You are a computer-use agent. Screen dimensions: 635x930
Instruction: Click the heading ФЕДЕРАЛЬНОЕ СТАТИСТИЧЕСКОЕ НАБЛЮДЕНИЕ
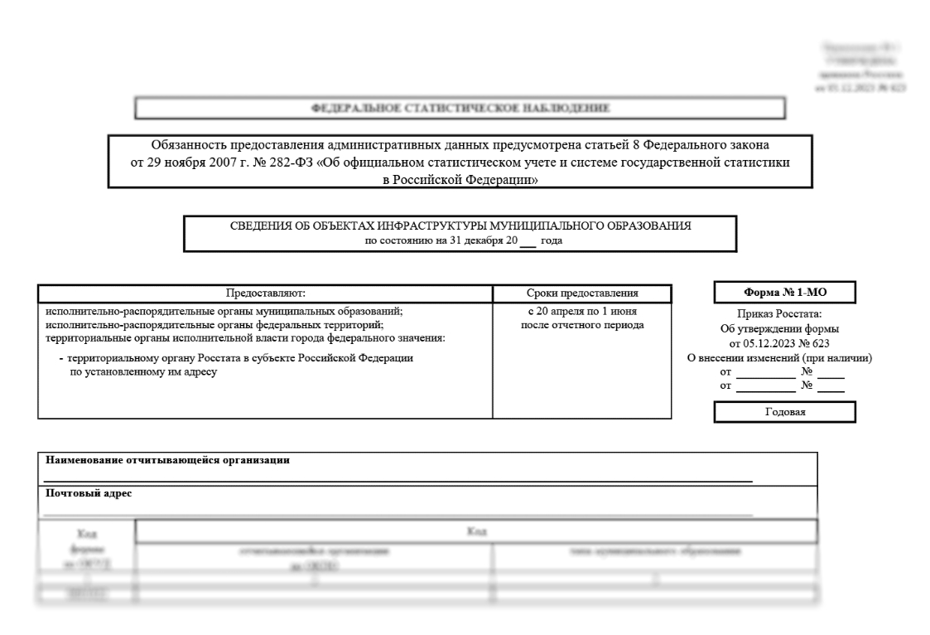pyautogui.click(x=460, y=108)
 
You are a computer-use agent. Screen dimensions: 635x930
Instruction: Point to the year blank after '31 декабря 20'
pyautogui.click(x=528, y=241)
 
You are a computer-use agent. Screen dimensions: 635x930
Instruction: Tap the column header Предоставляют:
pyautogui.click(x=266, y=293)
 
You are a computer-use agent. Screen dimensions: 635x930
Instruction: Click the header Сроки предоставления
pyautogui.click(x=582, y=293)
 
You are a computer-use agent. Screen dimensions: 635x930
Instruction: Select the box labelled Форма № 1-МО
pyautogui.click(x=784, y=292)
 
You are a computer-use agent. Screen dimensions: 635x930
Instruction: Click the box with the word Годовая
pyautogui.click(x=784, y=412)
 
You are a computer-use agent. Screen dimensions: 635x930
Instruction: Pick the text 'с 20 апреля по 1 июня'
pyautogui.click(x=582, y=312)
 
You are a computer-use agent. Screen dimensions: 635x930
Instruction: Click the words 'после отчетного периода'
pyautogui.click(x=582, y=324)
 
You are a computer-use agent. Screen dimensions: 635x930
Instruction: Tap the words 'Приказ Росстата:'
pyautogui.click(x=783, y=314)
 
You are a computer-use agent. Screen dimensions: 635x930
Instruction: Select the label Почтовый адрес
pyautogui.click(x=89, y=493)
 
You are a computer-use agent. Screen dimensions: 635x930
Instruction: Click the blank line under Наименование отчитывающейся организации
pyautogui.click(x=398, y=480)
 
